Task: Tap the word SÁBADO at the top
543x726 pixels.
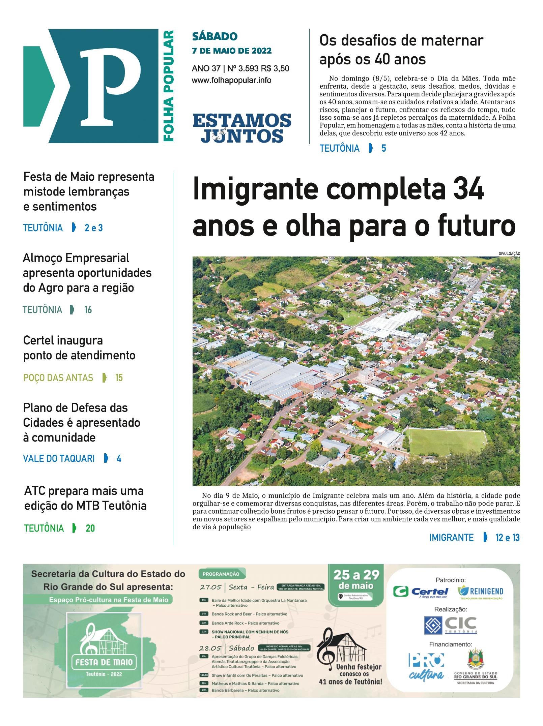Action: tap(215, 36)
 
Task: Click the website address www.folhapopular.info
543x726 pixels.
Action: tap(231, 81)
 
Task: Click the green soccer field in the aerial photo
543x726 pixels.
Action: tap(447, 442)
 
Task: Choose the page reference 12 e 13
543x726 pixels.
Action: tap(507, 538)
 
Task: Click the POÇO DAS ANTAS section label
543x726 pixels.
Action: tap(58, 378)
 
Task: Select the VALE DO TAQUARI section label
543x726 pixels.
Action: tap(59, 459)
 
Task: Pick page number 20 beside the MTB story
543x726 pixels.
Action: tap(90, 528)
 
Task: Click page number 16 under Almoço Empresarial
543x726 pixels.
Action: tap(88, 310)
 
